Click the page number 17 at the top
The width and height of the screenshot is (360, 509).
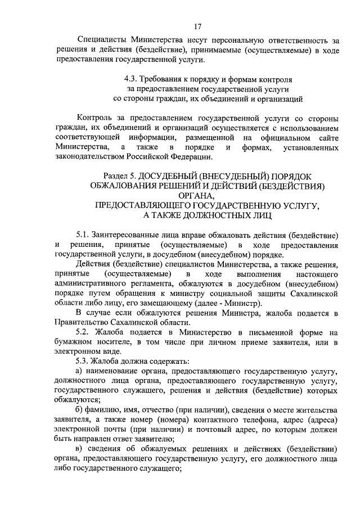click(x=197, y=26)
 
